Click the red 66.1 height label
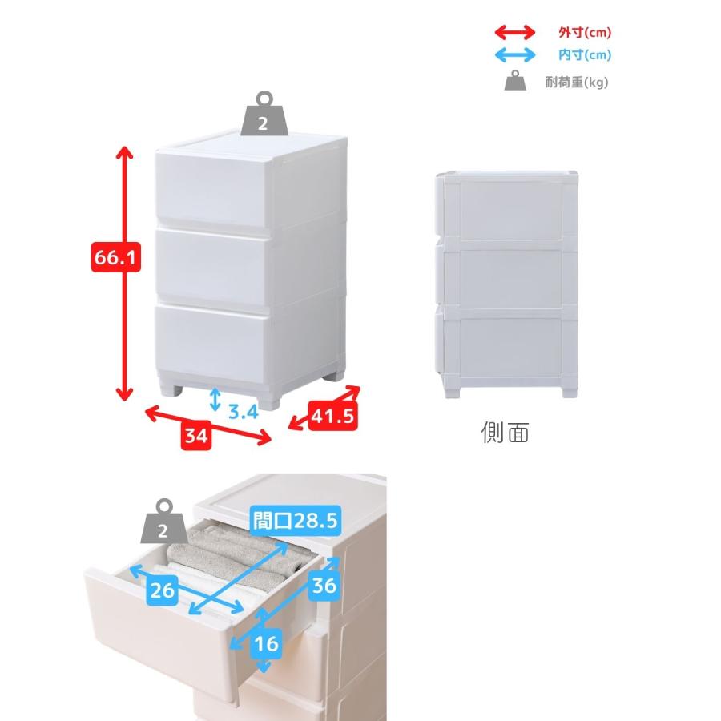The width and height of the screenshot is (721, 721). coord(115,257)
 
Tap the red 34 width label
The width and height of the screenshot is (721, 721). coord(196,435)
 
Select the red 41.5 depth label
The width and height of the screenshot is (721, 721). coord(333,416)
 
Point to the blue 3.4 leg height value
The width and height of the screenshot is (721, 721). coord(244,411)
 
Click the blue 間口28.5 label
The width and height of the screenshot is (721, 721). coord(296,521)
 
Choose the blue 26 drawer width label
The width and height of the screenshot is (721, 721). coord(163,590)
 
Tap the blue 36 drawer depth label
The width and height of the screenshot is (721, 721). coord(324,586)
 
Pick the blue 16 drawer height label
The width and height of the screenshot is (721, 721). coord(267,643)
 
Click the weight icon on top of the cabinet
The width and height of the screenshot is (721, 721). coord(264,115)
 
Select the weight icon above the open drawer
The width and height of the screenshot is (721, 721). coord(164,522)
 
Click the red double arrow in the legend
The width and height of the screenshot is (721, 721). coord(515,32)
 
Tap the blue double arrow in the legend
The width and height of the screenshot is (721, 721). coord(515,55)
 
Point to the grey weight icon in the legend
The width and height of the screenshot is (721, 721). coord(515,80)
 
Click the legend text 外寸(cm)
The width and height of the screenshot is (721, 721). coord(585,32)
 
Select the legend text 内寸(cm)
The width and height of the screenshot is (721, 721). coord(585,55)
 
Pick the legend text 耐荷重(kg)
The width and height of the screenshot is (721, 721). coord(577,83)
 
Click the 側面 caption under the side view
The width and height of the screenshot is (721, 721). coord(505,433)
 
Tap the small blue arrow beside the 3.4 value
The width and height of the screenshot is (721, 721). coord(215,400)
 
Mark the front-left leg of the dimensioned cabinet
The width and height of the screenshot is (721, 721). coord(171,391)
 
